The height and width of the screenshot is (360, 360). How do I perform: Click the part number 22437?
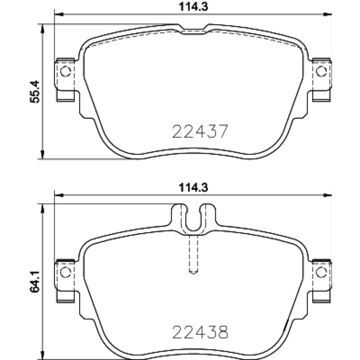(200, 131)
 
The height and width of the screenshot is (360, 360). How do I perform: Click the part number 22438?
(200, 332)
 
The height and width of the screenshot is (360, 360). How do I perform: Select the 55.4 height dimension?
(35, 92)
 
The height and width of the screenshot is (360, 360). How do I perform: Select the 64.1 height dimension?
(35, 282)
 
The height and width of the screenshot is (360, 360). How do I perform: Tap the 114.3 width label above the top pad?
(193, 6)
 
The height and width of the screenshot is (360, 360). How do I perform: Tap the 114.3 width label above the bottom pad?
(193, 188)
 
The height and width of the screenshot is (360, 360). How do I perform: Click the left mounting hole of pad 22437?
(65, 71)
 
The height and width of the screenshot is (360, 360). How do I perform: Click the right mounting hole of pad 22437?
(321, 71)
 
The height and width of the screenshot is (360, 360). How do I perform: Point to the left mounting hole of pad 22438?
(65, 272)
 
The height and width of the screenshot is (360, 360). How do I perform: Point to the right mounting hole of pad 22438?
(321, 272)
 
